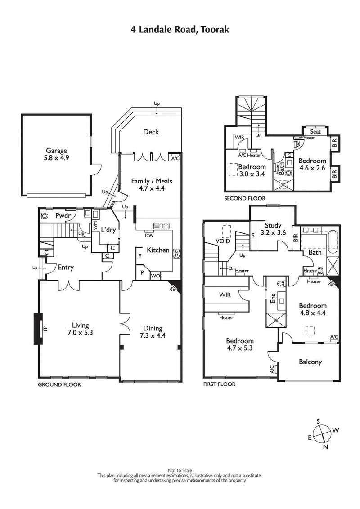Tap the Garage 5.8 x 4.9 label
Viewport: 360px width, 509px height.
[56, 154]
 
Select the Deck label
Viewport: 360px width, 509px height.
[151, 132]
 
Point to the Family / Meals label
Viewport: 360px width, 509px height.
[152, 185]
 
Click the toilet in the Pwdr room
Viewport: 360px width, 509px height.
[45, 216]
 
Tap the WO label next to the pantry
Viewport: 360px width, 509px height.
[154, 276]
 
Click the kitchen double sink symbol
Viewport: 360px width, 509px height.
[161, 226]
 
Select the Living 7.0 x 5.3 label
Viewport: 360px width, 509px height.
[80, 329]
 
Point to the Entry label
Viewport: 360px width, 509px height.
[66, 268]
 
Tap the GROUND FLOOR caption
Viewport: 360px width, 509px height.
[59, 384]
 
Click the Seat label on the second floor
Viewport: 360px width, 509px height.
[315, 132]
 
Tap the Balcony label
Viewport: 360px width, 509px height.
[310, 362]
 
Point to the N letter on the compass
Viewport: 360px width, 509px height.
[326, 446]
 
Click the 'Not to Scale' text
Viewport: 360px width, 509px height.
[180, 470]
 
